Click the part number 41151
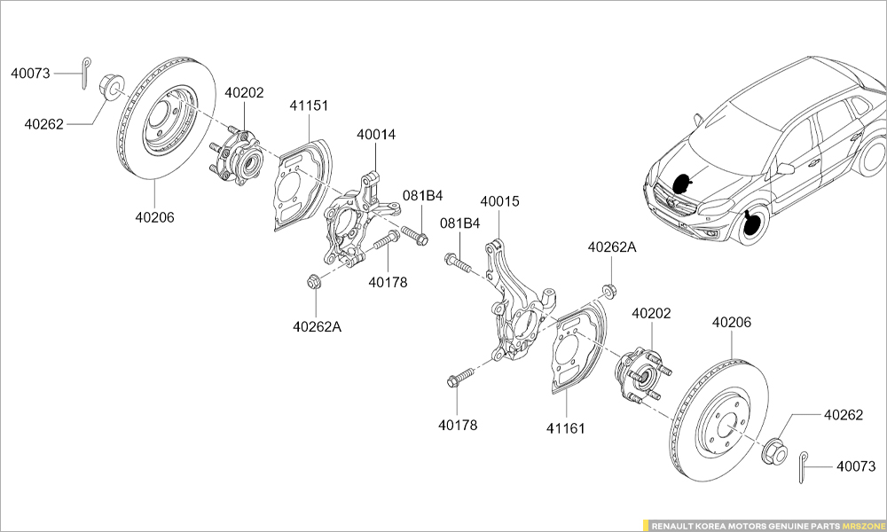(309, 106)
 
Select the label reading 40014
(376, 135)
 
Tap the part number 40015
(499, 201)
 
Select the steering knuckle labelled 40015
(514, 306)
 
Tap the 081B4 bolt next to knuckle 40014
(414, 236)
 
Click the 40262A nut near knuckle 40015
(609, 290)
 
